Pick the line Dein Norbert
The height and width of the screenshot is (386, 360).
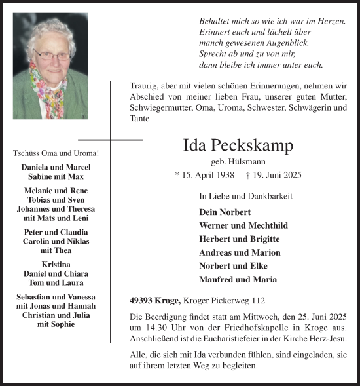click(225, 212)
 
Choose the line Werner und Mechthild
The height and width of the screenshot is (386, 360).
click(243, 225)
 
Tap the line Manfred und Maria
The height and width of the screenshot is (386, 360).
click(237, 279)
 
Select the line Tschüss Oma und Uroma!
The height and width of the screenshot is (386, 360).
click(56, 153)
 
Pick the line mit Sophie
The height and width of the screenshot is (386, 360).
click(56, 324)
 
